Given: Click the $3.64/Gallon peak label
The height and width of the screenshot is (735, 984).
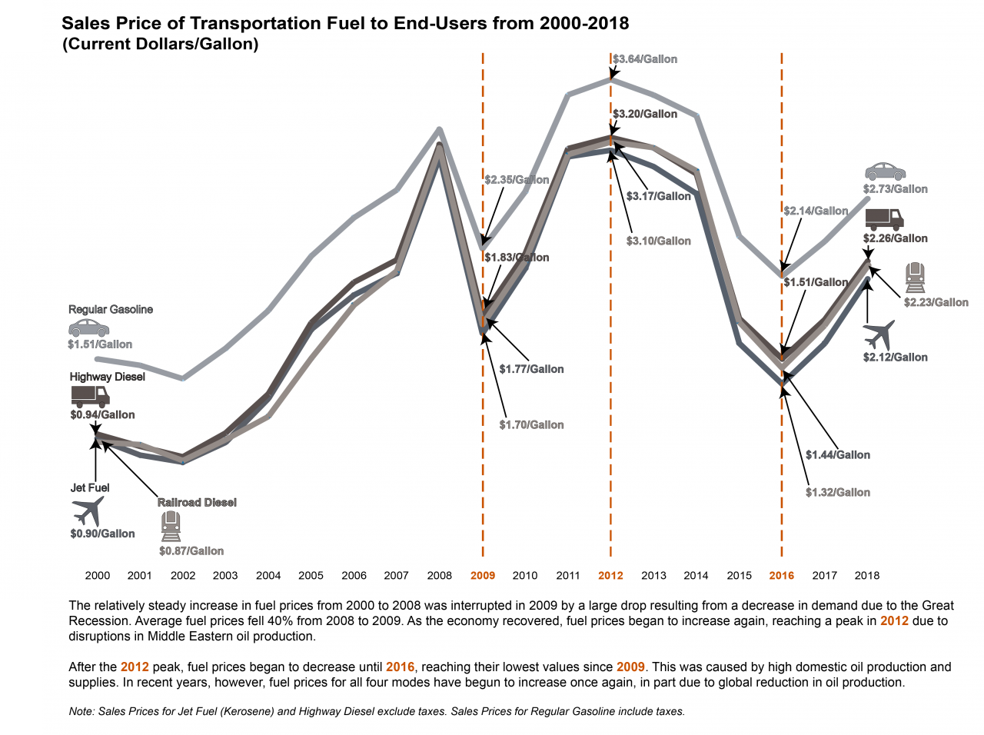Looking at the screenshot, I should coord(645,59).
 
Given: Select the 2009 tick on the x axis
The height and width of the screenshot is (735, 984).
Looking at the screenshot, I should coord(483,575).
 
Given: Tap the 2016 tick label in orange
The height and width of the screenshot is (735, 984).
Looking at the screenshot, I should coord(782,575).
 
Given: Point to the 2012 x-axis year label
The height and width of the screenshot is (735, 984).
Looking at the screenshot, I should coord(610,575).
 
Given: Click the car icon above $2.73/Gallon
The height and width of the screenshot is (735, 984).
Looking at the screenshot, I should coord(885,171).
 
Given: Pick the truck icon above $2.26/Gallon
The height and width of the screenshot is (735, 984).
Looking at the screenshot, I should coord(884,219).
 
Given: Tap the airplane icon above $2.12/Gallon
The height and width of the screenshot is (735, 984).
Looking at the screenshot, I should coord(879,334).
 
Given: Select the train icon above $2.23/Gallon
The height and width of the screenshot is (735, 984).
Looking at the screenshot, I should coord(915,278).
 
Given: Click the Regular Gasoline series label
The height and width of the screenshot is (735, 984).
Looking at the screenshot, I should coord(111,309).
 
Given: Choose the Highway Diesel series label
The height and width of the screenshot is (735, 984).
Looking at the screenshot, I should coord(107,377).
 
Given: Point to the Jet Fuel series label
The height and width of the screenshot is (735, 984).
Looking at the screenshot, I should coord(90,487).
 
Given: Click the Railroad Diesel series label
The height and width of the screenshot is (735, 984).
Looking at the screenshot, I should coord(197,502).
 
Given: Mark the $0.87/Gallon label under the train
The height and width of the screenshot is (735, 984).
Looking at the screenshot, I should coord(191,551).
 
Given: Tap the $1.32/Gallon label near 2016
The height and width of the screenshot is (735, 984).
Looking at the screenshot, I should coord(838,492).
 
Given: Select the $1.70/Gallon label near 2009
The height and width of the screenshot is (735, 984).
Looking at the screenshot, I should coord(531,424).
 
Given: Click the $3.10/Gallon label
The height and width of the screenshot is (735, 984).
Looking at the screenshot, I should coord(659,241).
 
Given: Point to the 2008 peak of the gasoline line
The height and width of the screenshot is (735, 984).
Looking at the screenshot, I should coord(439,129).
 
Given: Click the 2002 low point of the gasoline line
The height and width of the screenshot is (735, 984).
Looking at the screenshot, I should coord(183,378).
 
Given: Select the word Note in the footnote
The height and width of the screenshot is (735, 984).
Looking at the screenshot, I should coord(81,711).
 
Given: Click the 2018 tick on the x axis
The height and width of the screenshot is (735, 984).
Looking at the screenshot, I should coord(867,575).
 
